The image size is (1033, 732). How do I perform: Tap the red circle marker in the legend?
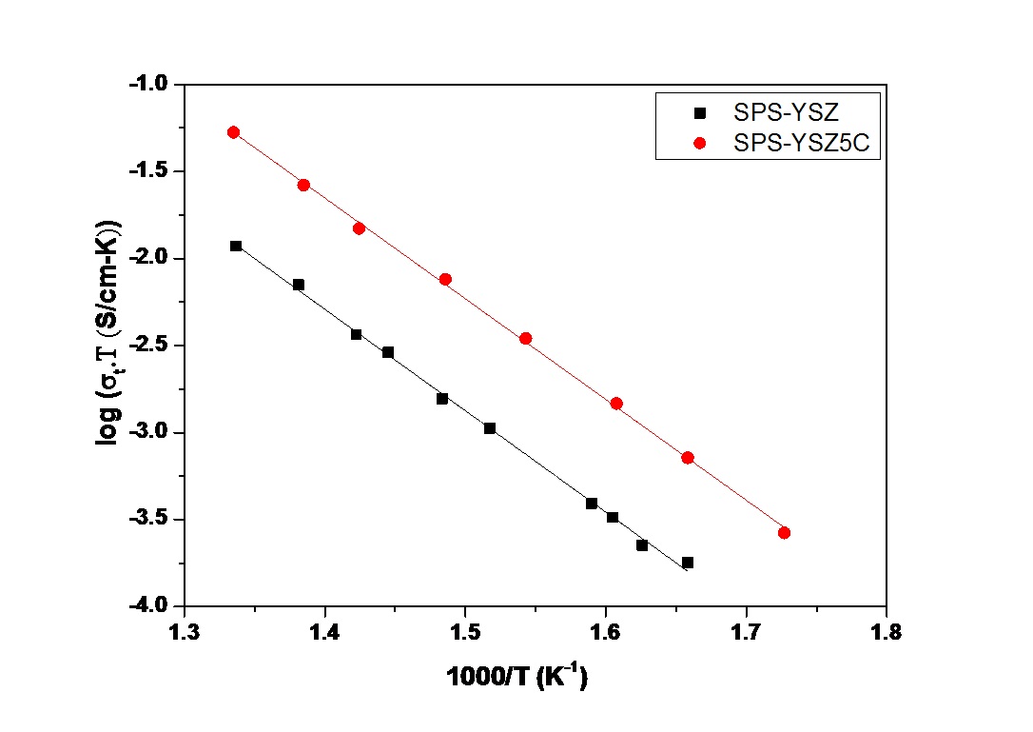(x=700, y=144)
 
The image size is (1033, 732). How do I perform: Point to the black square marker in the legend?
(x=700, y=112)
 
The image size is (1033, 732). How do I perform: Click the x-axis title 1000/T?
(x=517, y=678)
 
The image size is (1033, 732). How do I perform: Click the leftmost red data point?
(x=233, y=132)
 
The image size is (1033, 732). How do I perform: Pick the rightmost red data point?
(x=784, y=533)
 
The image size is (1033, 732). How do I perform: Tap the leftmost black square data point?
(x=236, y=246)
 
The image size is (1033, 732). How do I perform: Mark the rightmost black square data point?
(x=688, y=563)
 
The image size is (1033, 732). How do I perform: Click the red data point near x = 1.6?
(x=616, y=404)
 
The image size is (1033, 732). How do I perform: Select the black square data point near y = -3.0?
(x=490, y=428)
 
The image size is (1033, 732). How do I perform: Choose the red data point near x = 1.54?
(x=525, y=338)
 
